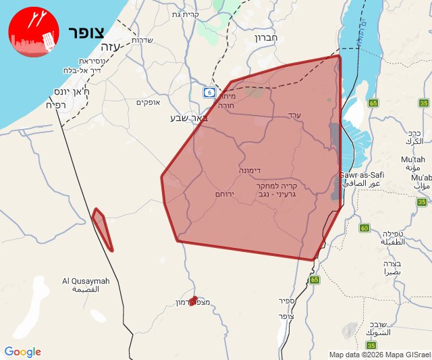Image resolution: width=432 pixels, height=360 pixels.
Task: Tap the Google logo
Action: [22, 352]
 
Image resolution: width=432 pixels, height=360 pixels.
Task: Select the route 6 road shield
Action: [211, 92]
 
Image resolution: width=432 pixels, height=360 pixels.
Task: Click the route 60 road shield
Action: [364, 228]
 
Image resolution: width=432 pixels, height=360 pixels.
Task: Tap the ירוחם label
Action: [224, 194]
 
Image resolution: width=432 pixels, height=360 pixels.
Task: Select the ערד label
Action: [294, 115]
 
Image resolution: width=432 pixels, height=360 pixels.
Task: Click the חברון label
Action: [266, 38]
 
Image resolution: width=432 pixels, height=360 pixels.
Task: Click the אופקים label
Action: [147, 103]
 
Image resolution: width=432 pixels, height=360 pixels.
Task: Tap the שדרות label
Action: [142, 40]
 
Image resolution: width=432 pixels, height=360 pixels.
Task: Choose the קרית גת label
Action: [186, 14]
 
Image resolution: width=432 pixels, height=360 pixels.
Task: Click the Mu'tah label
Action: [413, 159]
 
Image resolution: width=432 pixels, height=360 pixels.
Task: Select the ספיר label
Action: [286, 300]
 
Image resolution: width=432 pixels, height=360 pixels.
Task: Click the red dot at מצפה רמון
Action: [194, 299]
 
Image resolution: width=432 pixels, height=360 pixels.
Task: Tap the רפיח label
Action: [59, 105]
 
